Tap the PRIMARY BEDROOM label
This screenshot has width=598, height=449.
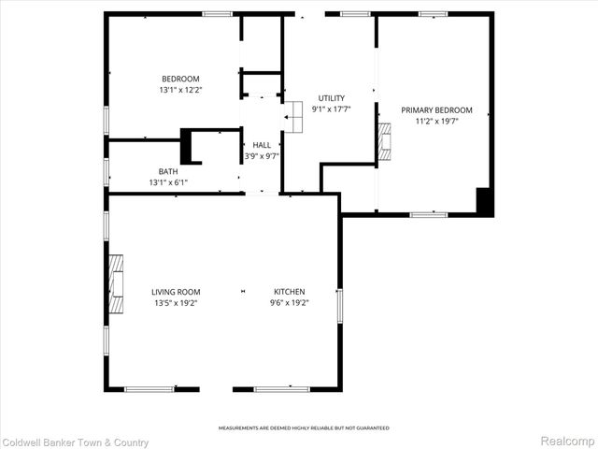pyautogui.click(x=436, y=109)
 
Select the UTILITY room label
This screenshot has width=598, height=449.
pyautogui.click(x=332, y=97)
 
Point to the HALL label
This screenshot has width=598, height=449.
pyautogui.click(x=261, y=145)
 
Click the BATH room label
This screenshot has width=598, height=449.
pyautogui.click(x=167, y=171)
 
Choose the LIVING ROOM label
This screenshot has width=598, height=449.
pyautogui.click(x=176, y=292)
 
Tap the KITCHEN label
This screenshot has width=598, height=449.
pyautogui.click(x=290, y=292)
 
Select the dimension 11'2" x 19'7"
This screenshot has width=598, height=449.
pyautogui.click(x=436, y=121)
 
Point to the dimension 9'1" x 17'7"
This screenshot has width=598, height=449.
pyautogui.click(x=332, y=109)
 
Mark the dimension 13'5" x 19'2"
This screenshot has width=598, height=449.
pyautogui.click(x=176, y=303)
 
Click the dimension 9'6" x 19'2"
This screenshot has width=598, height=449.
pyautogui.click(x=290, y=303)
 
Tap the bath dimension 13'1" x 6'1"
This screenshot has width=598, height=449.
pyautogui.click(x=167, y=182)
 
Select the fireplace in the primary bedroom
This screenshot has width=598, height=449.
pyautogui.click(x=385, y=139)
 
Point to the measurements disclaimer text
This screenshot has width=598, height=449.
pyautogui.click(x=304, y=427)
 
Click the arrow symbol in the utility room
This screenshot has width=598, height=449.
pyautogui.click(x=287, y=118)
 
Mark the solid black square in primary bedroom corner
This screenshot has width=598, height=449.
pyautogui.click(x=484, y=202)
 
